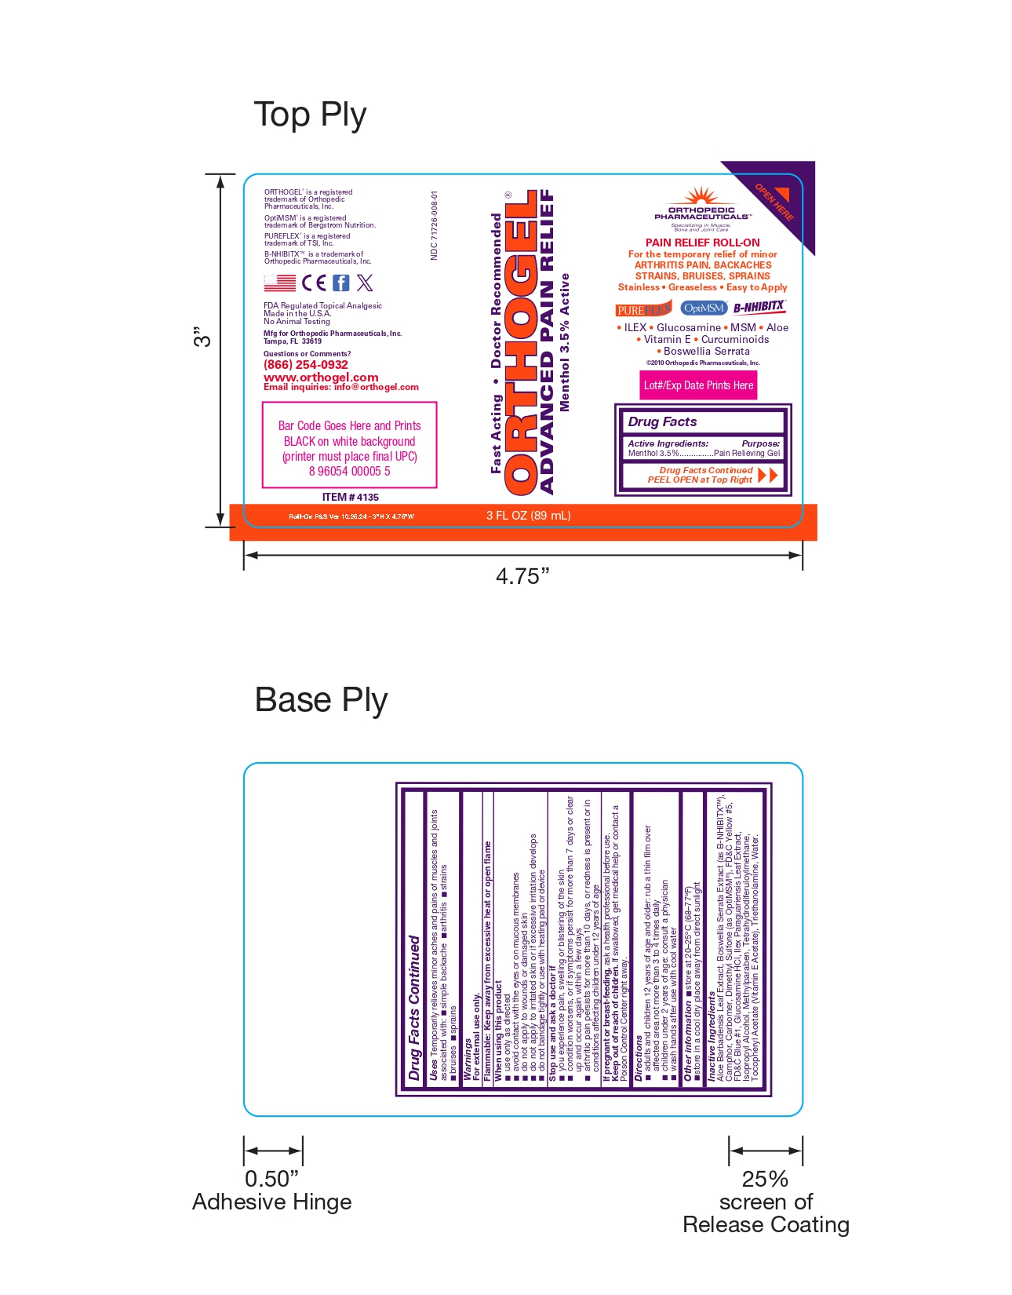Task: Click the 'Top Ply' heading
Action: (x=310, y=115)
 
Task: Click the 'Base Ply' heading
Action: (x=321, y=700)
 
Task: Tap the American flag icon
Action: (x=280, y=283)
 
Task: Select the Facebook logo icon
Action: (x=341, y=283)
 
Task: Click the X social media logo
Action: (x=365, y=283)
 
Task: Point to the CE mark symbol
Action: (x=314, y=283)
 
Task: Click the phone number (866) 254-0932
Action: (x=306, y=365)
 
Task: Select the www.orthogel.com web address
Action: (x=321, y=377)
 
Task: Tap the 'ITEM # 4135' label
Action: (x=350, y=497)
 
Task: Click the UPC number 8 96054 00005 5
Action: (x=349, y=471)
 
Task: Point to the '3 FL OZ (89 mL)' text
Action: (x=528, y=516)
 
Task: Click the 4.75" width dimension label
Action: (x=522, y=576)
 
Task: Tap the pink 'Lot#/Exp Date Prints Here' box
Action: (x=698, y=385)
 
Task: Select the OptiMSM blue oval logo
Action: (x=704, y=308)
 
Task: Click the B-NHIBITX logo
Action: (x=759, y=307)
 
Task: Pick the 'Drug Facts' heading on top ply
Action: (x=662, y=421)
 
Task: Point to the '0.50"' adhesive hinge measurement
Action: (x=271, y=1179)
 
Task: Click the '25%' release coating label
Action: (x=765, y=1179)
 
